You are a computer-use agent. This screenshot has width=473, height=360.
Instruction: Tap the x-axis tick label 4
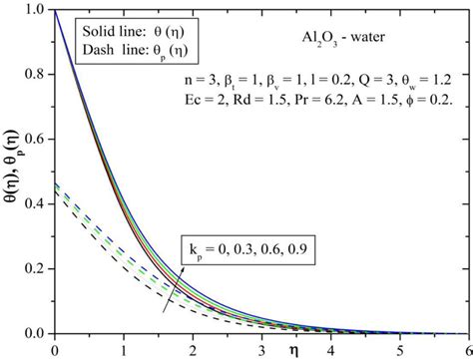(x=329, y=348)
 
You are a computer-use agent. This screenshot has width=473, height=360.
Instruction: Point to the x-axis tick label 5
(x=398, y=348)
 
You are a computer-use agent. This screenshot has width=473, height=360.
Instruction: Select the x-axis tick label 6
(x=466, y=348)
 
